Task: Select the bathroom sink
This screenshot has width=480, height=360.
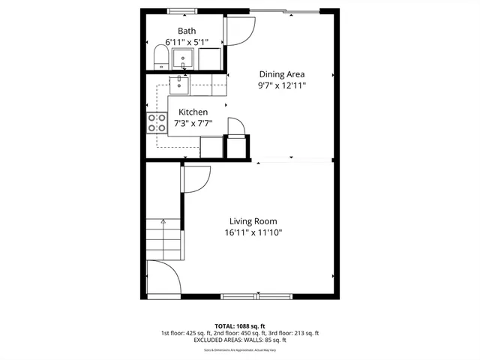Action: pos(183,58)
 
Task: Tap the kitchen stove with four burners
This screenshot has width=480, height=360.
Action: pos(157,122)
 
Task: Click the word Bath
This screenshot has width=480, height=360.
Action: pos(186,31)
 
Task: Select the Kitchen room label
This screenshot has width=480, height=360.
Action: pos(193,112)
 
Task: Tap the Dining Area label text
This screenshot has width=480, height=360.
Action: pos(282,74)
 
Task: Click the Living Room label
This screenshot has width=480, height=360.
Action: pos(253,221)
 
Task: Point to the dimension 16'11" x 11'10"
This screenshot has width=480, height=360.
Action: pos(253,232)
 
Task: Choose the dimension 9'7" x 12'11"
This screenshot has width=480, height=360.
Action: pos(282,85)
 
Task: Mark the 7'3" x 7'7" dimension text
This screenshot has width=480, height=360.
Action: pos(193,123)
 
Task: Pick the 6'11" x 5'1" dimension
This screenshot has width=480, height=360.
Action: pos(186,42)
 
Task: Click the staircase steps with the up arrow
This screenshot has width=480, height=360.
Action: pos(164,238)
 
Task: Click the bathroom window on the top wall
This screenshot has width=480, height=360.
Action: pos(178,11)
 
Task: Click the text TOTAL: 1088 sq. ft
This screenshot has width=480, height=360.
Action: pos(240,326)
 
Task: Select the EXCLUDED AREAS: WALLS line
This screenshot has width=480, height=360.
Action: pos(240,340)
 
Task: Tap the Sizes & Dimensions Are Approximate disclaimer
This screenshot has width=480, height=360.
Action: pos(240,349)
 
